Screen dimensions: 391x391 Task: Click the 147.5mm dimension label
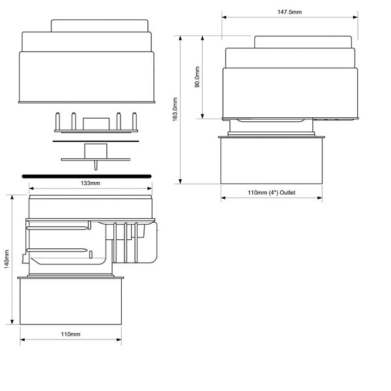tap(289, 12)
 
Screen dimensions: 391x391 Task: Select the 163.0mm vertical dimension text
tap(175, 109)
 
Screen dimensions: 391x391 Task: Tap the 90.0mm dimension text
tap(197, 77)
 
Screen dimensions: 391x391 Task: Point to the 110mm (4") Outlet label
tap(271, 192)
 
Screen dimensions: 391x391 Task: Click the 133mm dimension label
tap(91, 183)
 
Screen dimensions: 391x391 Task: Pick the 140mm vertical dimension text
tap(7, 259)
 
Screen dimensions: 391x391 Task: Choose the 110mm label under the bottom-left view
tap(70, 334)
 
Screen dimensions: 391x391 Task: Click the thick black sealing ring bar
tap(87, 177)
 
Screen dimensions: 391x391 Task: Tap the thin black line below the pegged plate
tap(96, 141)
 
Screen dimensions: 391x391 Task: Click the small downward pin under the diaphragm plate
tap(96, 166)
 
